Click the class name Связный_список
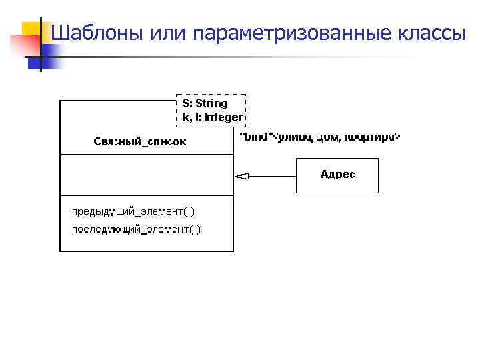point(139,141)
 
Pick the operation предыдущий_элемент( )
point(133,212)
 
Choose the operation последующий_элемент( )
point(136,229)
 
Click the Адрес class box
point(337,175)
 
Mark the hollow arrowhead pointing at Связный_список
point(242,176)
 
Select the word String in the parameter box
point(212,104)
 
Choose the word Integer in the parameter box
point(223,117)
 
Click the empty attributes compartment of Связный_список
point(147,175)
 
